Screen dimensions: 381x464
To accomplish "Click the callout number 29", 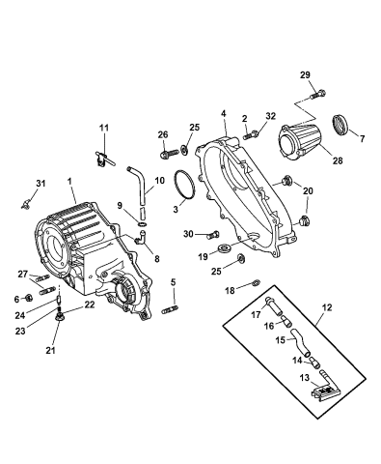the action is click(x=305, y=75).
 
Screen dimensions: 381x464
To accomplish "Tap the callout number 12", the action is click(x=326, y=307).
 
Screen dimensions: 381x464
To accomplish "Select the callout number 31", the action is click(x=41, y=184).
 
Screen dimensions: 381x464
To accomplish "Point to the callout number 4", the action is click(x=224, y=113).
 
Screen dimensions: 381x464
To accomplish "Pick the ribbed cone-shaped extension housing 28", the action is click(x=298, y=141).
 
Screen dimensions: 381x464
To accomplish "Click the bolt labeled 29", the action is click(x=317, y=95).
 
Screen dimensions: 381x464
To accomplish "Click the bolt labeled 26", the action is click(x=169, y=153).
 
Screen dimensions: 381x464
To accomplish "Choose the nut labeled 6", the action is click(x=28, y=298).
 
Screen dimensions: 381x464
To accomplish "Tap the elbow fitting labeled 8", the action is click(x=140, y=236).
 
